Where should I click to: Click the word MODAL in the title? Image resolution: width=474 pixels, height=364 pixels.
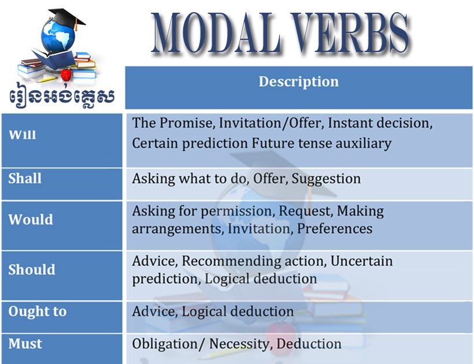coord(214,33)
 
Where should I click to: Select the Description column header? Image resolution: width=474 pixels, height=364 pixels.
coord(298,81)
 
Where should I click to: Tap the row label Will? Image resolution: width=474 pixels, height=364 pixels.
coord(22,135)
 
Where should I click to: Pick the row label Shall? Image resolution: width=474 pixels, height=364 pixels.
coord(25,179)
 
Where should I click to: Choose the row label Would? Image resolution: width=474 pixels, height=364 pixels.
coord(30,220)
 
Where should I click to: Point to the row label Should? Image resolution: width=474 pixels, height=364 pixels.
coord(32,270)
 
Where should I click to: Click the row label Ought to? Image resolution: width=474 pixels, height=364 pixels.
coord(38,311)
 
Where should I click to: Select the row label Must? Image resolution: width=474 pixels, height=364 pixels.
coord(25,344)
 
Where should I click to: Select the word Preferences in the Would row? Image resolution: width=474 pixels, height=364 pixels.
coord(335,228)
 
